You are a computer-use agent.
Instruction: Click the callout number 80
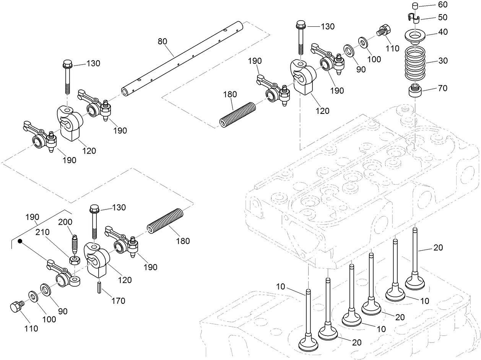click(163, 41)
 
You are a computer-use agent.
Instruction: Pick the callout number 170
click(118, 301)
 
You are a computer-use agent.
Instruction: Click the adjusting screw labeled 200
click(75, 243)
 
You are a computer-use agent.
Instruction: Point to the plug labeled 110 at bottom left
click(16, 306)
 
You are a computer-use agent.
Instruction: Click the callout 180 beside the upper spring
click(230, 94)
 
